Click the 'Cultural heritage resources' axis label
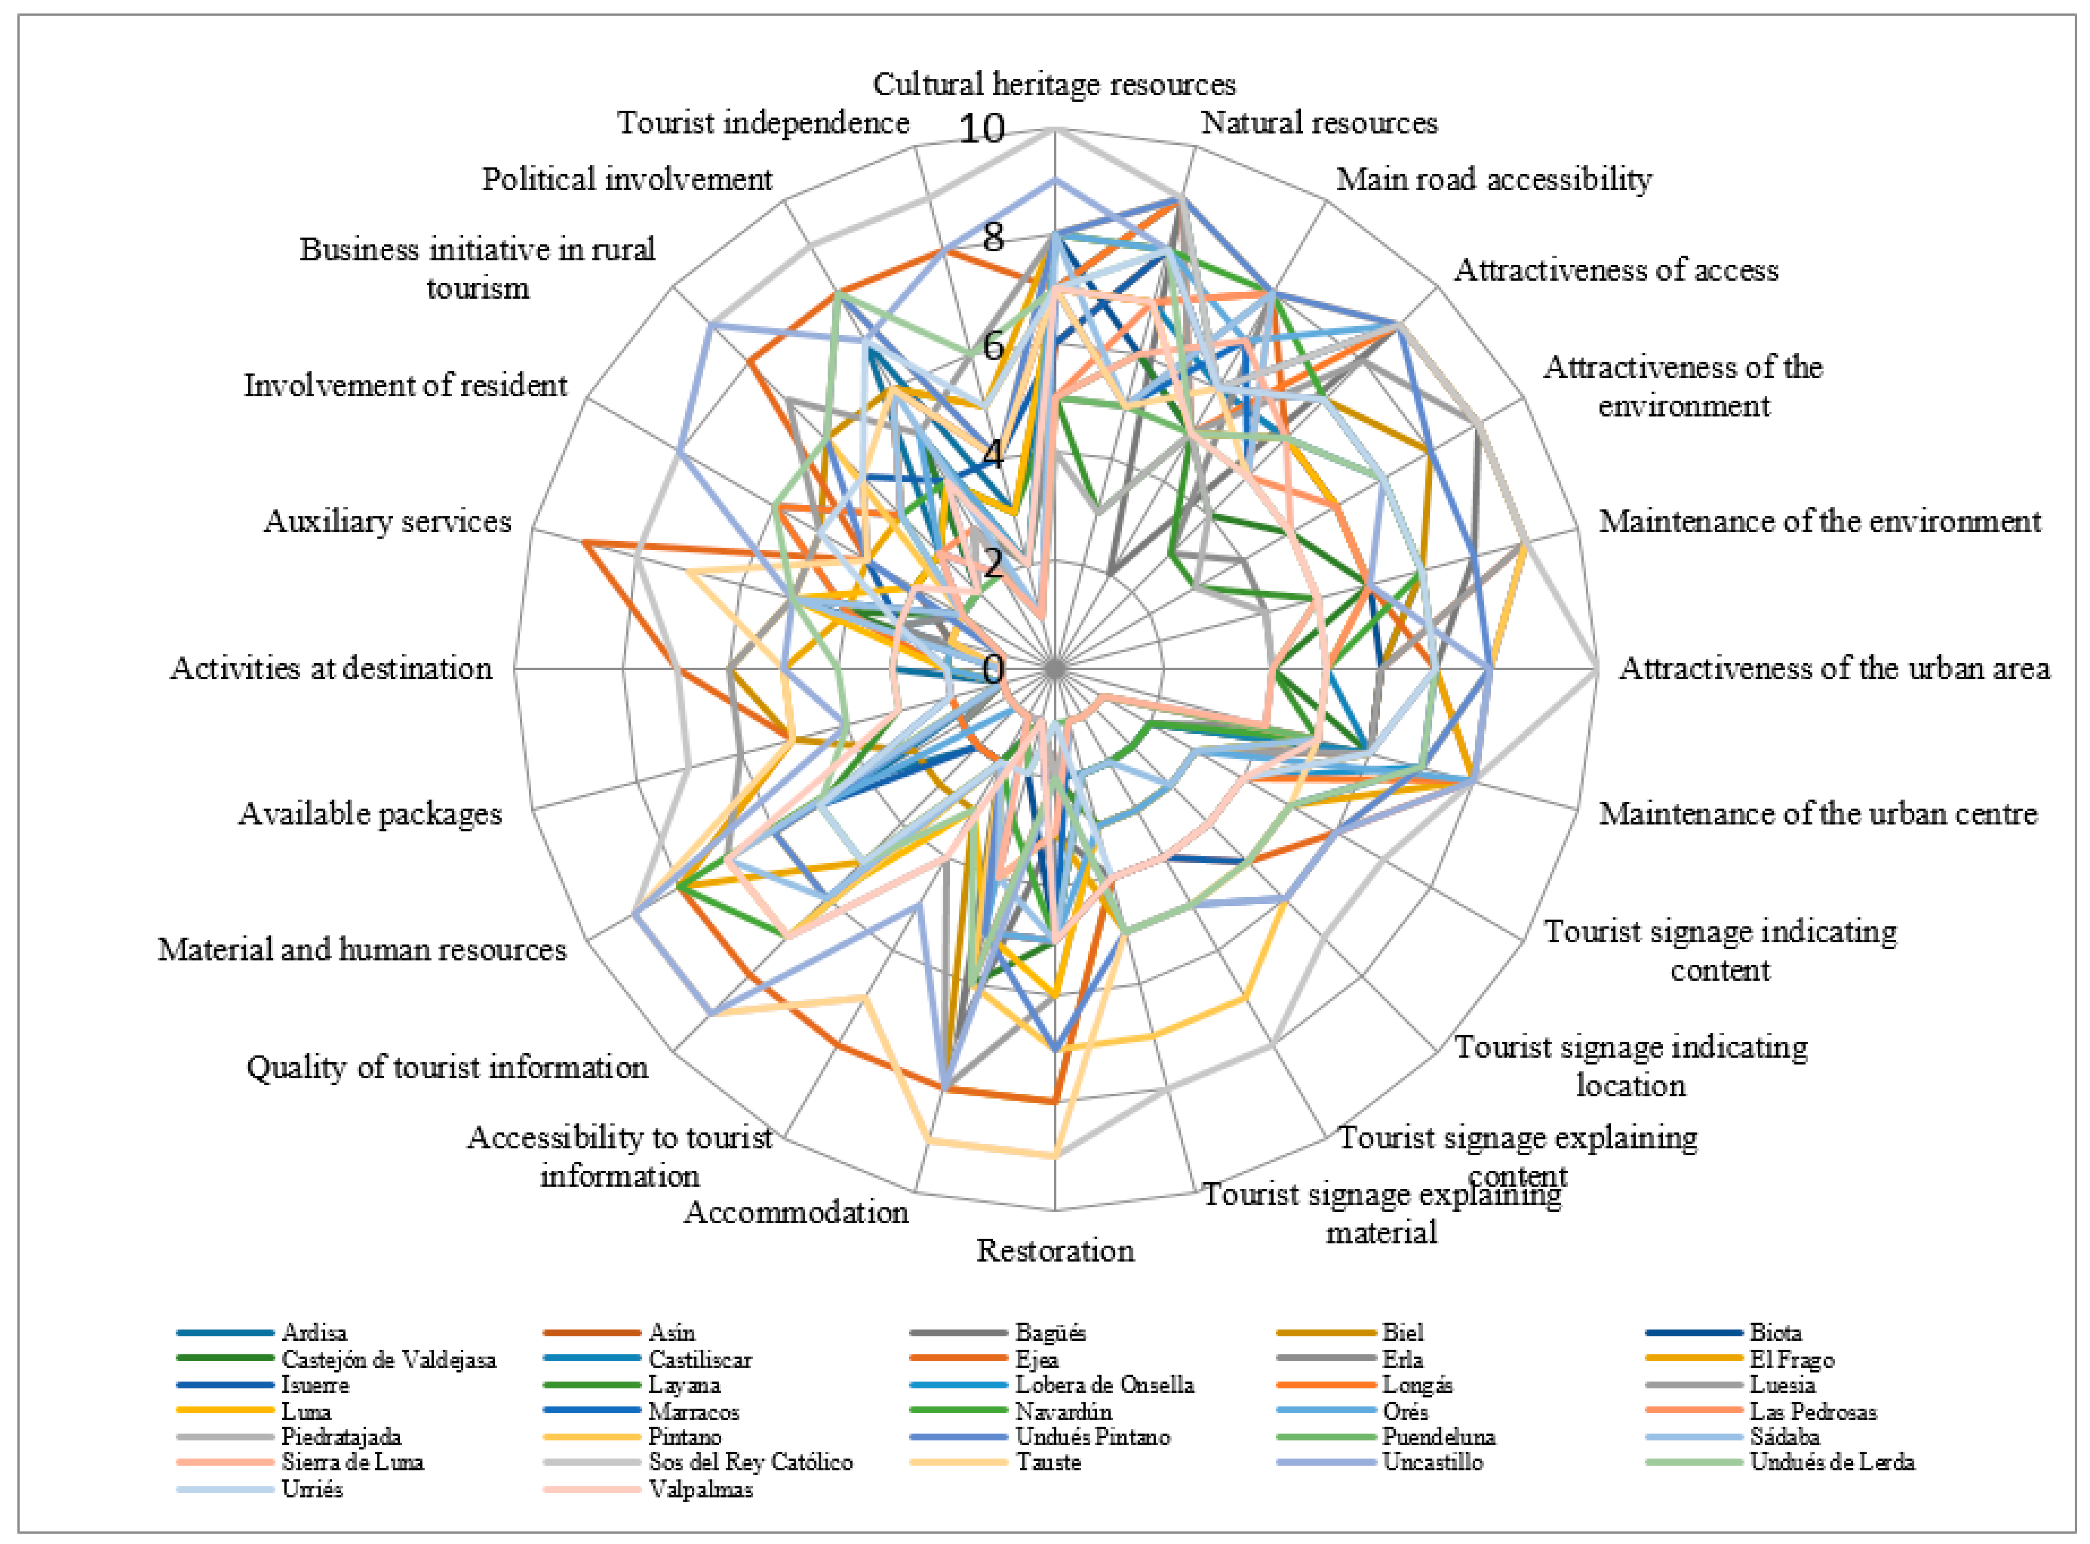coord(1054,84)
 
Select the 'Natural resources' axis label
coord(1318,123)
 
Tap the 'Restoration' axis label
coord(1055,1251)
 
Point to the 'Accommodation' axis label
coord(796,1212)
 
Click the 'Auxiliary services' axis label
coord(387,521)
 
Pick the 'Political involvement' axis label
coord(627,179)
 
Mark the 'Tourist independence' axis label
coord(763,123)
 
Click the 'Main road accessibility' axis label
coord(1493,179)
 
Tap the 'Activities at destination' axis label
coord(331,668)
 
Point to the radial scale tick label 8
coord(992,237)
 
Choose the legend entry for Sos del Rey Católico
coord(750,1462)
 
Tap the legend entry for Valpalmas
coord(701,1489)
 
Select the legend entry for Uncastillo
coord(1432,1462)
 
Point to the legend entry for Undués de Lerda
coord(1831,1462)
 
